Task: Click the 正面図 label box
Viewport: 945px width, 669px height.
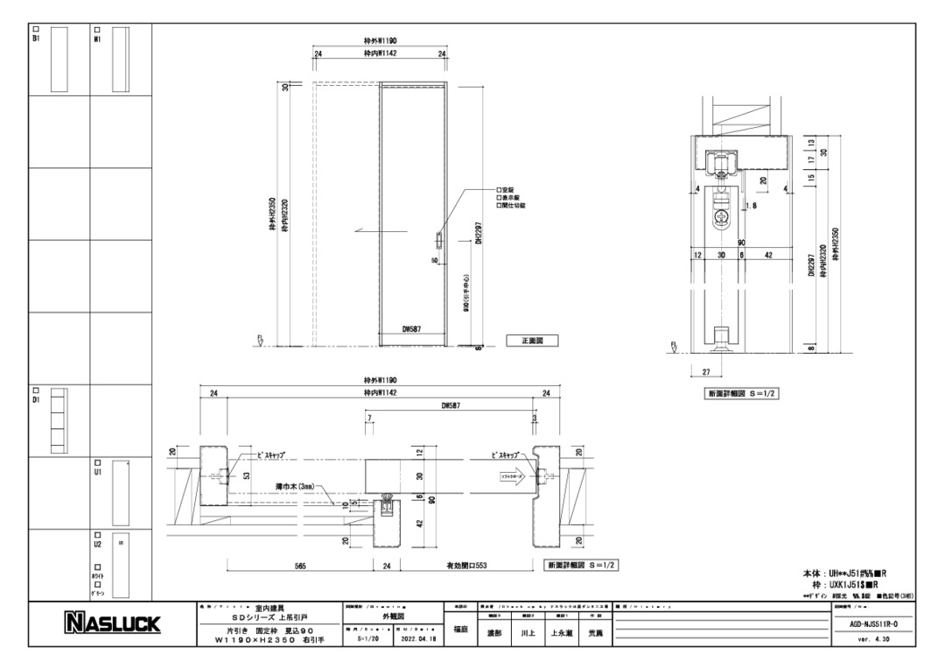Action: tap(532, 340)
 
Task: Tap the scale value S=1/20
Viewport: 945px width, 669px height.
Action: tap(370, 638)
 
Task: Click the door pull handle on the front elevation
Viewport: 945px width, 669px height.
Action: tap(439, 240)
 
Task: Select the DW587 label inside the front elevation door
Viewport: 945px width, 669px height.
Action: tap(413, 330)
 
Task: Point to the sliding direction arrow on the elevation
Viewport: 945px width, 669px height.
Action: tap(366, 231)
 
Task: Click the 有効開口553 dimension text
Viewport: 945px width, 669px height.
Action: tap(460, 566)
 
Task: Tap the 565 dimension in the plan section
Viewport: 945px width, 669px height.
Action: tap(300, 566)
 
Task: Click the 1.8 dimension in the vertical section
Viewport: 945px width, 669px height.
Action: tap(751, 207)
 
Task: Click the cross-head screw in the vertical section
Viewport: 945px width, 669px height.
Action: tap(723, 215)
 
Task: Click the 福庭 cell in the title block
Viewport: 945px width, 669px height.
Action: tap(460, 630)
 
